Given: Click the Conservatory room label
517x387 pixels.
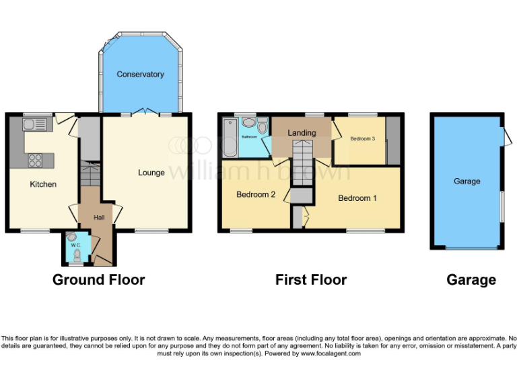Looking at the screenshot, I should pos(140,74).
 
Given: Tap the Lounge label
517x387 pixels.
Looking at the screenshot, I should pos(151,173).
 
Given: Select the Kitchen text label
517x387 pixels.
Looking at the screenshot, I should pos(43,184).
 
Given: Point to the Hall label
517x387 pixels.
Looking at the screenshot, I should pos(98,217).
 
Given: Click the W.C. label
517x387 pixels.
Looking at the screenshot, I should pos(76,245).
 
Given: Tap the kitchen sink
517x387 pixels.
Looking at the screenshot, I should pos(34,124).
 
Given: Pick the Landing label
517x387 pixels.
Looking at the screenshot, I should pos(302,132).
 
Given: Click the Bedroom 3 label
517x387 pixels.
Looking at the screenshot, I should pos(363,138).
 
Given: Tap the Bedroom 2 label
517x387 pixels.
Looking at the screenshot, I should pos(256,195).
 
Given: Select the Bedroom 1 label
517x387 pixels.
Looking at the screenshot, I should pos(357,198).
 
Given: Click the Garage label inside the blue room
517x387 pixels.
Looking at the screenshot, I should pos(467,181).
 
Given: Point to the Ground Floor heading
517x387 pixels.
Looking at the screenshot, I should pos(98,279).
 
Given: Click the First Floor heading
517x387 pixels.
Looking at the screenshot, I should pos(311,279).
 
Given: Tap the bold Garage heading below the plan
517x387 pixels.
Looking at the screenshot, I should pos(471,279).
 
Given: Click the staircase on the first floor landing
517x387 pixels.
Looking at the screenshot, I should pos(303,161).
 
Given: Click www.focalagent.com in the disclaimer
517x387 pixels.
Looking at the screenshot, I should pos(331,353).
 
